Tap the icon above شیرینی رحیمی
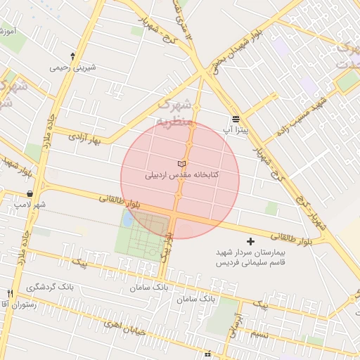72,56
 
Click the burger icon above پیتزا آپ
236,118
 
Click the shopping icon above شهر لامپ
30,193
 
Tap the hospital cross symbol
252,242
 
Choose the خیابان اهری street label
122,324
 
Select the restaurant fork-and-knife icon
10,293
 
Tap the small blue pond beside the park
127,218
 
